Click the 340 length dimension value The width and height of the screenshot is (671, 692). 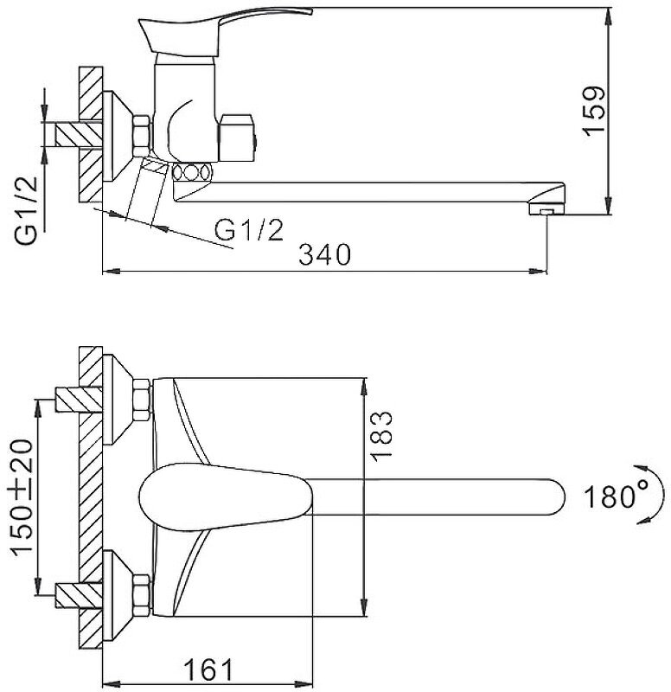pos(324,255)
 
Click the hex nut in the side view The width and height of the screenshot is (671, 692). pos(141,136)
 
